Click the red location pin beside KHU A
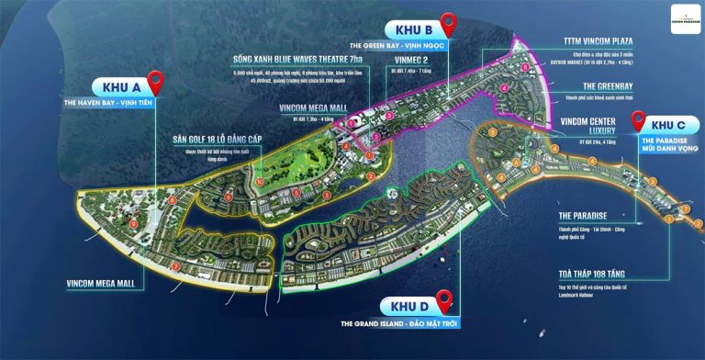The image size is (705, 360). [156, 82]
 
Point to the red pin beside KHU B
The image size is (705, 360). [449, 23]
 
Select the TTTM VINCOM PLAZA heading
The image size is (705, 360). [609, 43]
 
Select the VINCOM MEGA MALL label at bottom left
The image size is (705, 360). [100, 283]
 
